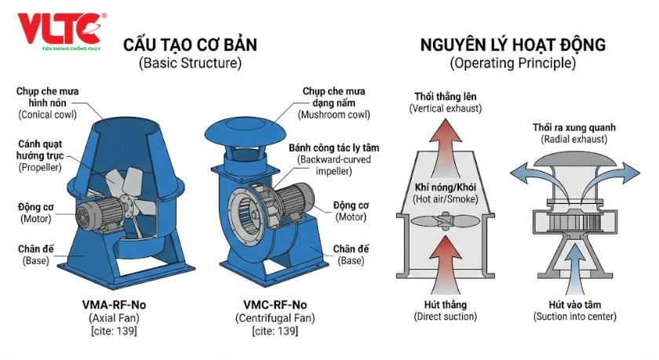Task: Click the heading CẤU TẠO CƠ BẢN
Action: click(x=189, y=45)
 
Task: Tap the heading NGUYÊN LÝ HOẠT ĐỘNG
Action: click(x=512, y=45)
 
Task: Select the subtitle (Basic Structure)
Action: click(x=189, y=64)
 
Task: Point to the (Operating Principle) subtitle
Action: click(x=512, y=64)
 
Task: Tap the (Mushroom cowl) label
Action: click(x=337, y=115)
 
